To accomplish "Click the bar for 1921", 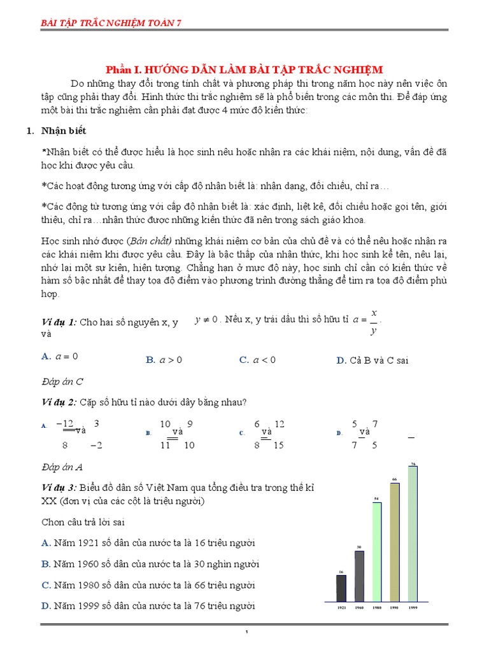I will [x=341, y=588].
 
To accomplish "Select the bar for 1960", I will [x=359, y=576].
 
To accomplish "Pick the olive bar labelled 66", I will [x=395, y=542].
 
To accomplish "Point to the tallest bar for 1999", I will [x=413, y=534].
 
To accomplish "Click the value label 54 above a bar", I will [x=376, y=499].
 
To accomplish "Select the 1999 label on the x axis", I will [x=413, y=608].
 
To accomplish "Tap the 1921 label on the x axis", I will [x=341, y=608].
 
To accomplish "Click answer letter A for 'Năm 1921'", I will [x=45, y=542].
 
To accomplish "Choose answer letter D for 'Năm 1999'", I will [x=45, y=606].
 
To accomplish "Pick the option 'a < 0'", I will [x=264, y=360].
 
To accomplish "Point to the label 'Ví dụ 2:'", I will [x=59, y=402].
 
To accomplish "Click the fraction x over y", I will [x=374, y=322].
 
